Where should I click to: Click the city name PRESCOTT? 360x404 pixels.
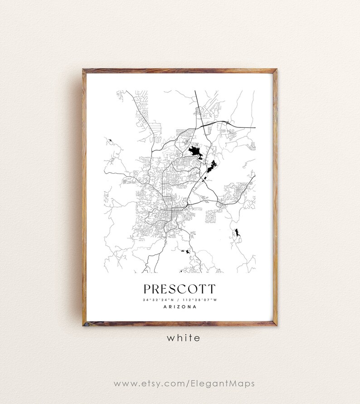coord(180,289)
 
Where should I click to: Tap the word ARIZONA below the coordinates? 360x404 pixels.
coord(180,307)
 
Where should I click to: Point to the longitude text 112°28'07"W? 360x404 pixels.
coord(200,300)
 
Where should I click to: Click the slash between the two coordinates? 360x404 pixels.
coord(180,300)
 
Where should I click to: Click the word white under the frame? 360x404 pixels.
coord(183,338)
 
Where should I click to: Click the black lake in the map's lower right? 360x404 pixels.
coord(237,234)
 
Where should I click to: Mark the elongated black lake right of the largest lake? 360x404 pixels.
coord(211,166)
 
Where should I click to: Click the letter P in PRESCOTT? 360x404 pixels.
coord(147,289)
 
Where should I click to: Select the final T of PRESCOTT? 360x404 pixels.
coord(212,289)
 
